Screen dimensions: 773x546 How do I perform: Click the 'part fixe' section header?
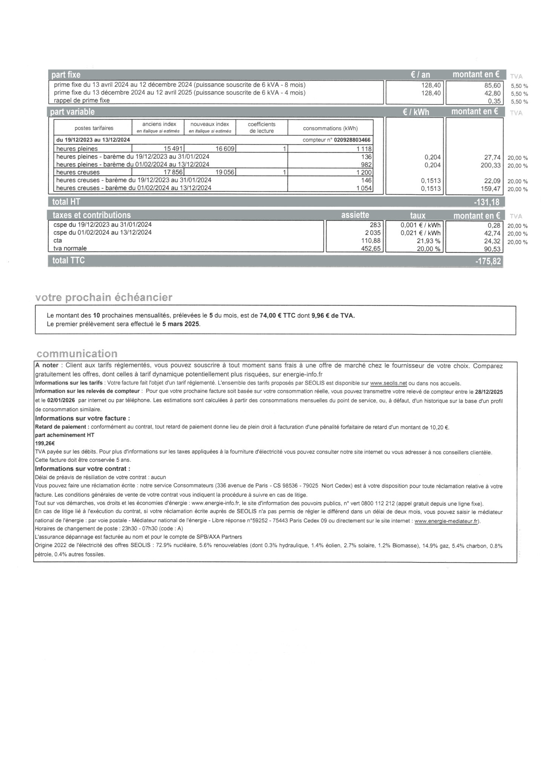tap(66, 75)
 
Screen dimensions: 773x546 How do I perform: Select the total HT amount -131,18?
tap(487, 202)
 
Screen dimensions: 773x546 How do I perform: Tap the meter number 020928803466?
tap(352, 140)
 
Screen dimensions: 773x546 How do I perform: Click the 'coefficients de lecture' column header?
tap(261, 128)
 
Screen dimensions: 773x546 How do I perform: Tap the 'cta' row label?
tap(58, 240)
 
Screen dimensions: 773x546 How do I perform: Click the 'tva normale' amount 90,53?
tap(492, 249)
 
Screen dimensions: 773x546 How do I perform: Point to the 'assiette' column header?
tap(355, 215)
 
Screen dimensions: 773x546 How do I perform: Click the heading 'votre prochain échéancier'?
tap(104, 297)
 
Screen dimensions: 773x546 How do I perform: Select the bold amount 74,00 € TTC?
tap(278, 316)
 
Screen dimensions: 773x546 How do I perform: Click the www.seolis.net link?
tap(388, 383)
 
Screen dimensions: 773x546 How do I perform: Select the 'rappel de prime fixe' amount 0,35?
tap(494, 101)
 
